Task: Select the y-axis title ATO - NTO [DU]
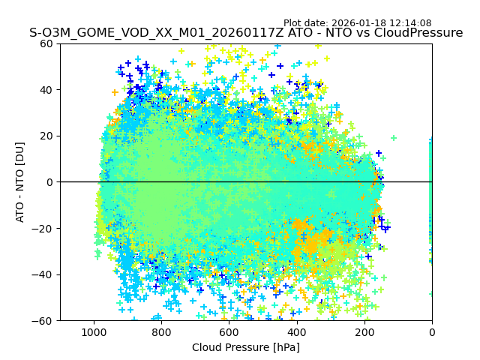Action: pyautogui.click(x=20, y=181)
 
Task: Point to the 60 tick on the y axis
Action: pyautogui.click(x=46, y=43)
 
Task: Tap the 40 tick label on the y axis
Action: pyautogui.click(x=46, y=90)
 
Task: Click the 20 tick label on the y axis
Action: pyautogui.click(x=46, y=136)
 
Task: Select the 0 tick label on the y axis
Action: pyautogui.click(x=49, y=182)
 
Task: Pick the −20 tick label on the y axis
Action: pyautogui.click(x=43, y=229)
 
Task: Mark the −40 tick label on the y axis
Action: pyautogui.click(x=43, y=274)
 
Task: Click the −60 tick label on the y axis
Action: pyautogui.click(x=43, y=321)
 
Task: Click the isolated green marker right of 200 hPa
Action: pyautogui.click(x=393, y=138)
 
